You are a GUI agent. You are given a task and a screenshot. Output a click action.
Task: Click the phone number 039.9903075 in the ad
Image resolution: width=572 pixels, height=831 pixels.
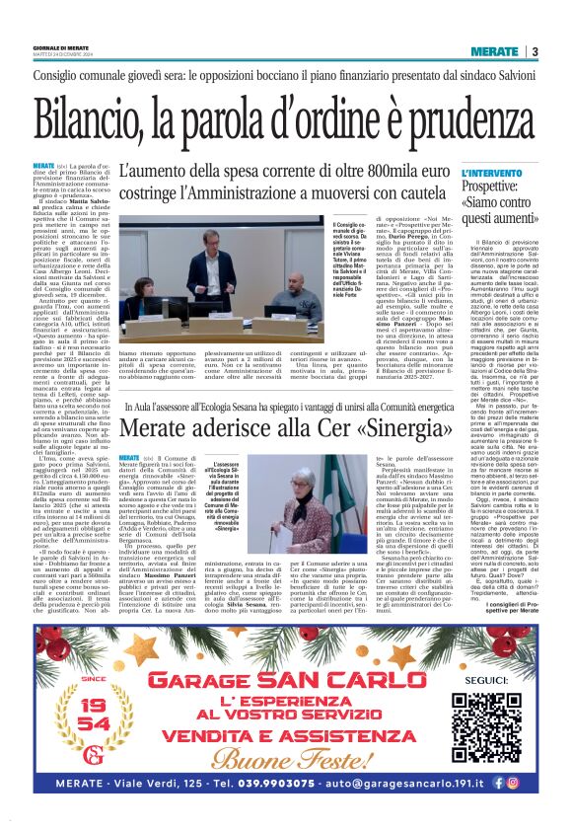click(x=290, y=808)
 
